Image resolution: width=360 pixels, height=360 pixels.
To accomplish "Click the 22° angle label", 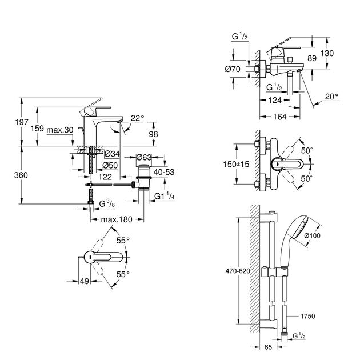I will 137,118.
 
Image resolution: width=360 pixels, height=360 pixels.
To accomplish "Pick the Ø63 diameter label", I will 143,157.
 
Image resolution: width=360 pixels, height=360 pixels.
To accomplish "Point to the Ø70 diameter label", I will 233,69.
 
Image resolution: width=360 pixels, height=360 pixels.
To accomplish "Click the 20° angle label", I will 332,97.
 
